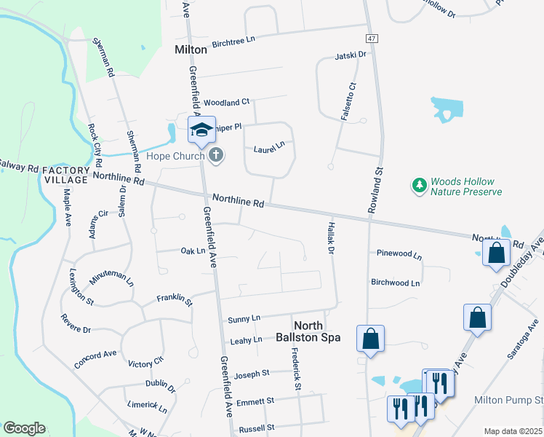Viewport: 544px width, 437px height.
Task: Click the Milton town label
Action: (x=191, y=50)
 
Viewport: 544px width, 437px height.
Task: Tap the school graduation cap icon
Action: (x=201, y=130)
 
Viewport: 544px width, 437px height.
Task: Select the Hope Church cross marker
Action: (x=216, y=154)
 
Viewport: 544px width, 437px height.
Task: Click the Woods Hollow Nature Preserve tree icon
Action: (x=419, y=186)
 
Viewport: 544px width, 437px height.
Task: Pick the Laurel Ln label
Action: (x=268, y=149)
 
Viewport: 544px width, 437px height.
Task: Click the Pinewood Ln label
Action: (x=399, y=254)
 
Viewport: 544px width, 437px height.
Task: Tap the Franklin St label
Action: (x=175, y=299)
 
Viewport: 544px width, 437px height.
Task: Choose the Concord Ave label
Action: (x=95, y=354)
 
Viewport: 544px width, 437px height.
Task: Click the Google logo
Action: (x=24, y=428)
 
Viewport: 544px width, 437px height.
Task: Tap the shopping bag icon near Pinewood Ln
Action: (x=370, y=338)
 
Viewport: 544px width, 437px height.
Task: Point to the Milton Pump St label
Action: (x=508, y=401)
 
